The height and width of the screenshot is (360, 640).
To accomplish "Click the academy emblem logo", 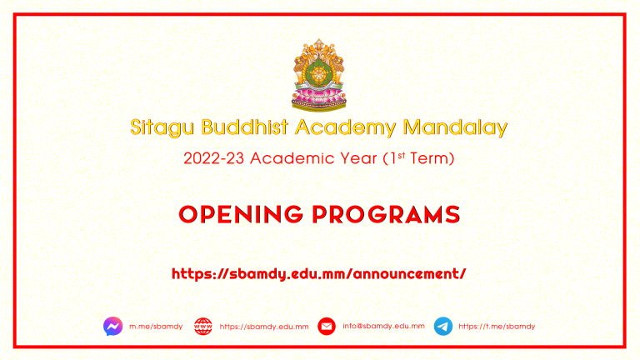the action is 319,75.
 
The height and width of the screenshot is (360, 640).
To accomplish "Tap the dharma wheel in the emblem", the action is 318,75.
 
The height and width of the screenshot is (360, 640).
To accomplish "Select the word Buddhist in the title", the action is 245,127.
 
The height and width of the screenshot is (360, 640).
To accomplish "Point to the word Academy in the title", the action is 345,127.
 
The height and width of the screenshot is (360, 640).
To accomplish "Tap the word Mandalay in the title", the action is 455,127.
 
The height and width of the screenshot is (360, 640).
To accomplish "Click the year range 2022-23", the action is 213,158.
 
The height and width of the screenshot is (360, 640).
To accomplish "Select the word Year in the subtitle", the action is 358,158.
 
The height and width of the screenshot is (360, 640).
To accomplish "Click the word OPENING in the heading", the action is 241,215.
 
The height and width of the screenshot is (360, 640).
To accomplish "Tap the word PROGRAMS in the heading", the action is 386,215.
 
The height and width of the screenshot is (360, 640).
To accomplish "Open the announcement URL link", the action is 319,274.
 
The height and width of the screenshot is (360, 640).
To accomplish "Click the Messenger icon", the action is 113,326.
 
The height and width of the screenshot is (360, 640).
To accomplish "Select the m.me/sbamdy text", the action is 156,327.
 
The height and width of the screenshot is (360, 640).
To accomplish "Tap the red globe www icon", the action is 203,327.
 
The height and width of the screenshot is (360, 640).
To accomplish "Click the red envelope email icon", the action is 327,326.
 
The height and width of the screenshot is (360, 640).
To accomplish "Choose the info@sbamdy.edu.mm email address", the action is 383,326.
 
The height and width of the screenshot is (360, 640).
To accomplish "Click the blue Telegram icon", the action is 443,326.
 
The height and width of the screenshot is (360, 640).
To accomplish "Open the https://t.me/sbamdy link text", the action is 497,327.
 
